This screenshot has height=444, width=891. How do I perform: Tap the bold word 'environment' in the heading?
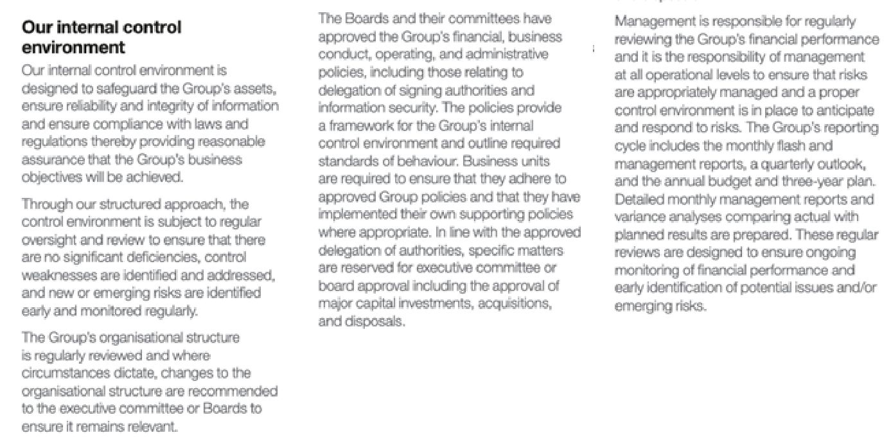73,48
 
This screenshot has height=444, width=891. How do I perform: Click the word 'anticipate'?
838,110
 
